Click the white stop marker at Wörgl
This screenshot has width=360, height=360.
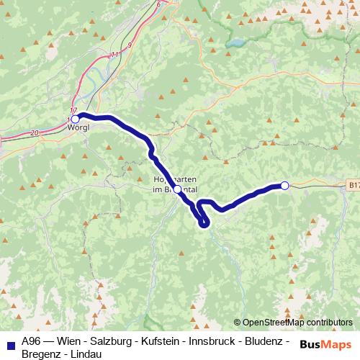75,119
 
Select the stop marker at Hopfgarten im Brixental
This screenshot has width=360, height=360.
177,189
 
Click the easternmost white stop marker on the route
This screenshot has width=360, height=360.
284,186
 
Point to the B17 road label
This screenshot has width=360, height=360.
353,185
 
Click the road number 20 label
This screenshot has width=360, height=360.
35,133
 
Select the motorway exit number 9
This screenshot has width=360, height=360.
129,45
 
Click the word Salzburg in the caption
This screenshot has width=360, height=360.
103,341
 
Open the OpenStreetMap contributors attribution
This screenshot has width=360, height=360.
293,323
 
